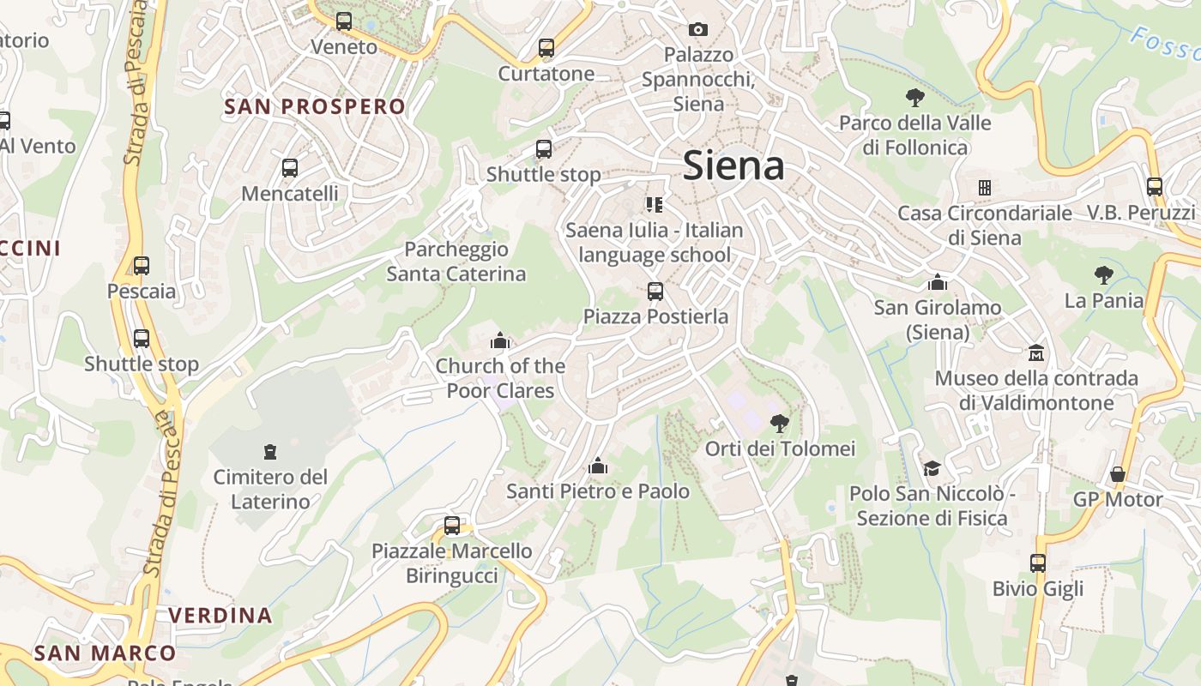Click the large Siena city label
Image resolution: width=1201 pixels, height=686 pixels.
pyautogui.click(x=733, y=166)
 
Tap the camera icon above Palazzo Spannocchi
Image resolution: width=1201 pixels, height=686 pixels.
pyautogui.click(x=698, y=29)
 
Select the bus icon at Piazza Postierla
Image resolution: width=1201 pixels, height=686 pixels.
pyautogui.click(x=655, y=292)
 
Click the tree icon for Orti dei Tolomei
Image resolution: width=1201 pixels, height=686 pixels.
pyautogui.click(x=780, y=423)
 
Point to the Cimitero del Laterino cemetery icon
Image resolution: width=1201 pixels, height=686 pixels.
pyautogui.click(x=270, y=451)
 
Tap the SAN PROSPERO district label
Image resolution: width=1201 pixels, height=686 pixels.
pyautogui.click(x=314, y=107)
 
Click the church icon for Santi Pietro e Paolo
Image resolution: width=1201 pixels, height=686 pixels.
pyautogui.click(x=598, y=466)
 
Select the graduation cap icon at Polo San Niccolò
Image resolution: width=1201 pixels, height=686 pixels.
pyautogui.click(x=932, y=468)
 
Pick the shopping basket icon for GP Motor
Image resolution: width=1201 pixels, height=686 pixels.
pyautogui.click(x=1118, y=474)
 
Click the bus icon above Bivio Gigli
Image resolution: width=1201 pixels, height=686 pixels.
pyautogui.click(x=1038, y=563)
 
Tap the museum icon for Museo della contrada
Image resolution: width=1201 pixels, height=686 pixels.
pyautogui.click(x=1036, y=352)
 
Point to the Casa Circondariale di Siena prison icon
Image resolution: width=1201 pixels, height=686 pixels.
pyautogui.click(x=985, y=187)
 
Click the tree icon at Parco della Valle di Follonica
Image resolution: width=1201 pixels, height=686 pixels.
pyautogui.click(x=914, y=97)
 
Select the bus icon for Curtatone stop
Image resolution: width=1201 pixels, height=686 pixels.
pyautogui.click(x=546, y=48)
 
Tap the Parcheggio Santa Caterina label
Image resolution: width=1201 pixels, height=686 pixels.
pyautogui.click(x=456, y=262)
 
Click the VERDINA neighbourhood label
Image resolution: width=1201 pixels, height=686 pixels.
pyautogui.click(x=220, y=616)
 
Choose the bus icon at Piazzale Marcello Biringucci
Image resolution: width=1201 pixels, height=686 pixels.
pyautogui.click(x=452, y=526)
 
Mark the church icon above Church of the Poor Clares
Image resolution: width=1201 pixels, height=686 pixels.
pyautogui.click(x=500, y=341)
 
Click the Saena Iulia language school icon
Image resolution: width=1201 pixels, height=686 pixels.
pyautogui.click(x=655, y=204)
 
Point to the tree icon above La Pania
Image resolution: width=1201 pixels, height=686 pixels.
pyautogui.click(x=1104, y=275)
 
